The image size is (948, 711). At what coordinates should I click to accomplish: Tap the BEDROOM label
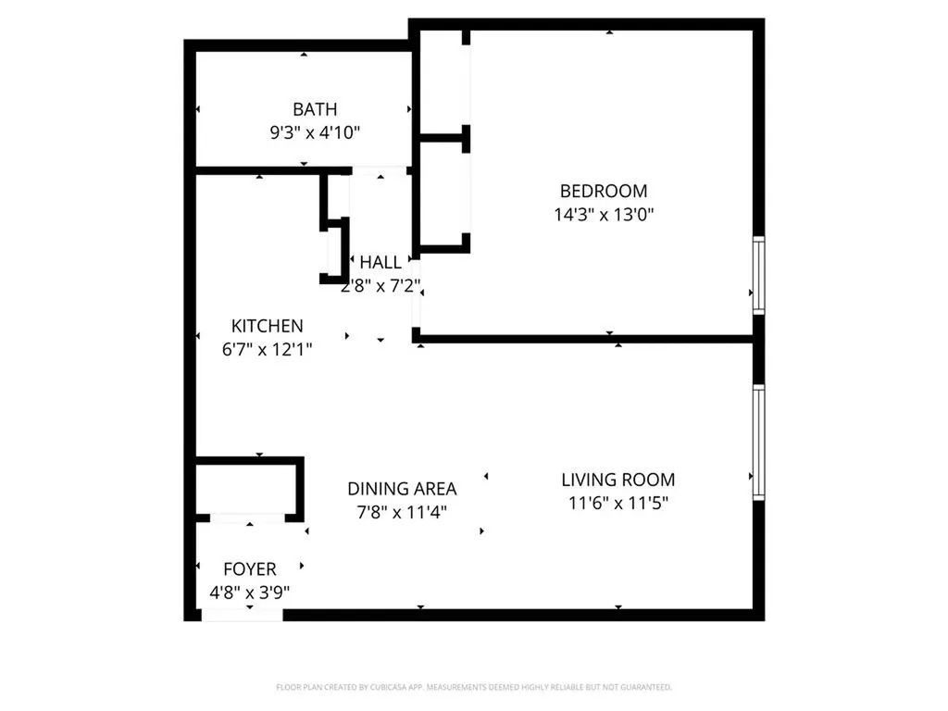603,192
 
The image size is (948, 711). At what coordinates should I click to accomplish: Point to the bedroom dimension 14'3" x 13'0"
603,215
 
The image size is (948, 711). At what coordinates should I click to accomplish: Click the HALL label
380,263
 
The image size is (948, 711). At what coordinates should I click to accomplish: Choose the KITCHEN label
267,326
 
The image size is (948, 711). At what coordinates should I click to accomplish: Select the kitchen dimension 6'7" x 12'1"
267,349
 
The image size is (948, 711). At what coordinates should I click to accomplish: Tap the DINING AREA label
402,489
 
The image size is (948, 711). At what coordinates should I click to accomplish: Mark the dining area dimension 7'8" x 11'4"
402,512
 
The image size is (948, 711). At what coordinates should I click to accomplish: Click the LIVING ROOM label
617,480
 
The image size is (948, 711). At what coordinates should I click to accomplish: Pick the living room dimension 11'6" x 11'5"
617,504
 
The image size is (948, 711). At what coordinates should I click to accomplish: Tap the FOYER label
249,568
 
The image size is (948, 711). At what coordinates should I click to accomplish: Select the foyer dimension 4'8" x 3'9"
249,592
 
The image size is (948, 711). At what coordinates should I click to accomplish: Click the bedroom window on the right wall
758,275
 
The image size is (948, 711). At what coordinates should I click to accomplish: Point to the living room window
758,443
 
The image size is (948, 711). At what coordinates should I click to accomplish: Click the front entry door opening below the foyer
242,615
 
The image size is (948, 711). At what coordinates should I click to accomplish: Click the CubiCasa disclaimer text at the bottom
474,687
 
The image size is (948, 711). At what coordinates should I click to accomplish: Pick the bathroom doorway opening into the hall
380,171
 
